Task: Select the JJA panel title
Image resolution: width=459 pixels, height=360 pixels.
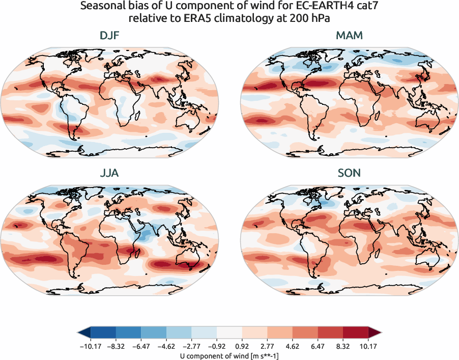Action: click(x=109, y=173)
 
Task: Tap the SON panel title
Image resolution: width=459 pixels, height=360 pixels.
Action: click(x=349, y=173)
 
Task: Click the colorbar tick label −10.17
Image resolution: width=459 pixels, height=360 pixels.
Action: click(x=91, y=346)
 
